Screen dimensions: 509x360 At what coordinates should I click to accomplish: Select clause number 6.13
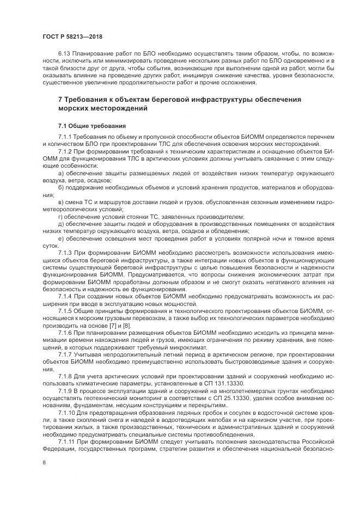64,54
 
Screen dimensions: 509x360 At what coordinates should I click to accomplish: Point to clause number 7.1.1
65,137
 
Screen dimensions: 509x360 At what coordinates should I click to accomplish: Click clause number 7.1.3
65,254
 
